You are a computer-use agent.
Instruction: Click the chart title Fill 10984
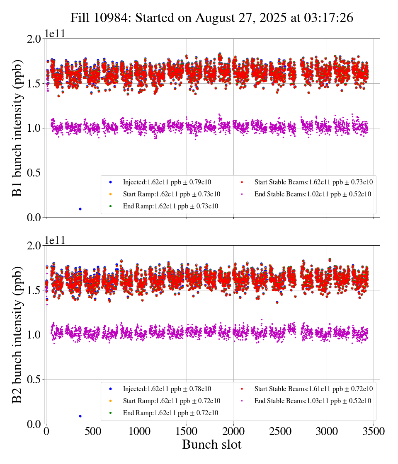[211, 18]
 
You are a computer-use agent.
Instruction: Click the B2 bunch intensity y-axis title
[17, 335]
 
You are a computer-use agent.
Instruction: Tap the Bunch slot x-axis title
[211, 445]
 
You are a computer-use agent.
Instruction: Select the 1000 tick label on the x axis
[140, 431]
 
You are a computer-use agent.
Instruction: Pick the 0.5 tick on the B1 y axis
[35, 173]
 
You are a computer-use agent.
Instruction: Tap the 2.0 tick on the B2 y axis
[35, 246]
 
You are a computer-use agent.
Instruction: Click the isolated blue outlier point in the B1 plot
[80, 209]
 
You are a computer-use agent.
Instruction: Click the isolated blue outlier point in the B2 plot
[80, 416]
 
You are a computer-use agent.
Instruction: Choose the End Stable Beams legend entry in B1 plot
[307, 194]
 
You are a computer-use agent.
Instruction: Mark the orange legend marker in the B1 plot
[110, 194]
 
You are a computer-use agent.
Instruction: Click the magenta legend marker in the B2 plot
[242, 401]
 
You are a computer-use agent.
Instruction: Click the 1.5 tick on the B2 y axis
[35, 290]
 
